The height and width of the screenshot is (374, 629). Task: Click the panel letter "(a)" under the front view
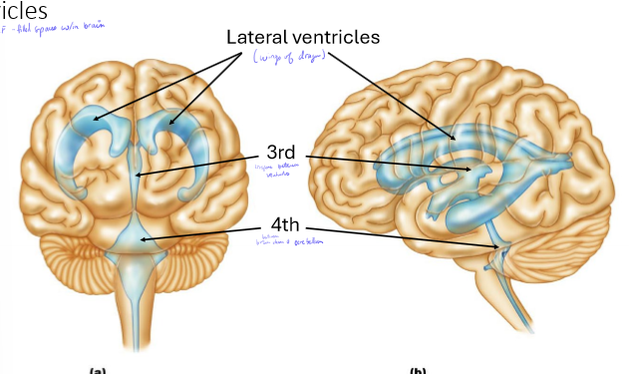[x=98, y=370]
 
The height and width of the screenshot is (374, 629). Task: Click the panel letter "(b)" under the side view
[x=417, y=370]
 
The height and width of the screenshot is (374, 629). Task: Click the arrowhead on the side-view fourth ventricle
[x=498, y=245]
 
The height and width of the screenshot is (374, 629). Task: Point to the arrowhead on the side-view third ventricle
[x=474, y=172]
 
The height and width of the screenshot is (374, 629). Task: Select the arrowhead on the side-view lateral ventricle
[x=458, y=138]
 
